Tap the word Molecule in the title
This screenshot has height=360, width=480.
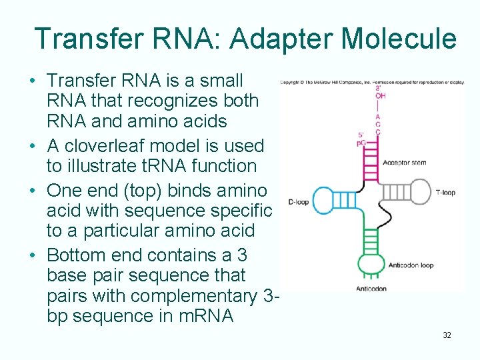tap(399, 39)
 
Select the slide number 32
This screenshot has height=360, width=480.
tap(447, 335)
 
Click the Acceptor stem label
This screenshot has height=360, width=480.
tap(405, 162)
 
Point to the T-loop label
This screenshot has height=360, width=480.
tap(445, 193)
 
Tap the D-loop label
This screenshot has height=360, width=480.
tap(298, 202)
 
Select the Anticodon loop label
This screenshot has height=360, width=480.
tap(411, 265)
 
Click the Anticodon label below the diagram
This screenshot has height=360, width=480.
tap(371, 289)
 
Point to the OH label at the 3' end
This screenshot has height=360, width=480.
tap(380, 96)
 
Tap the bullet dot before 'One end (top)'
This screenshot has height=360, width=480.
tap(32, 191)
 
